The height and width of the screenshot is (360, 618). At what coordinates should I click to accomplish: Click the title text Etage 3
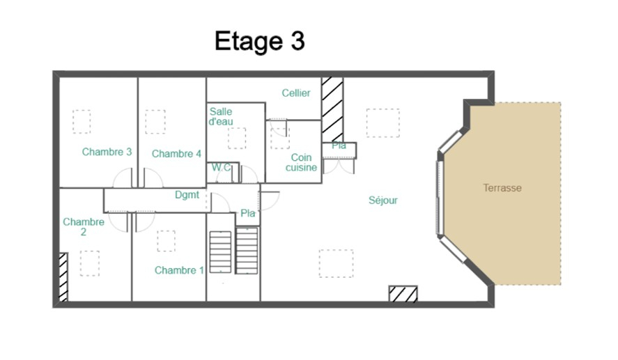pos(259,41)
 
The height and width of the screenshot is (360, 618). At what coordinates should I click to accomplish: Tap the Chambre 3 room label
pos(107,152)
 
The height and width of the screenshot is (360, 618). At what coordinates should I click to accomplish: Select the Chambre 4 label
pos(176,154)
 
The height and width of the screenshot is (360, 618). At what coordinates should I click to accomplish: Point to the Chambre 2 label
pos(84,227)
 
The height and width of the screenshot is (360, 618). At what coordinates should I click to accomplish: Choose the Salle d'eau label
pos(221,116)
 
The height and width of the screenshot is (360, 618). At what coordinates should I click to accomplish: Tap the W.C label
pos(222,167)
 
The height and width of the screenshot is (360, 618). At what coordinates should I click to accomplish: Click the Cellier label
pos(296,93)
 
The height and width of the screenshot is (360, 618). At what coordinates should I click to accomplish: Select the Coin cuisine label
pos(301,162)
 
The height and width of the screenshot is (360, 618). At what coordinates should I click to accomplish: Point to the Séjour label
pos(383,201)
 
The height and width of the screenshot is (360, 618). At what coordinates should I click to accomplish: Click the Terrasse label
pos(502,188)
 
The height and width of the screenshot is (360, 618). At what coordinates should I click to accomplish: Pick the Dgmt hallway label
pos(187,196)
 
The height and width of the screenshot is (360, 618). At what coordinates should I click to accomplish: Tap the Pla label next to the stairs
pos(247,214)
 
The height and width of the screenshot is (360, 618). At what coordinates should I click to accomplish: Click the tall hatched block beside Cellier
pos(332,108)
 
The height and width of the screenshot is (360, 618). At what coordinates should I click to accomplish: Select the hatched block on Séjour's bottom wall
pos(403,294)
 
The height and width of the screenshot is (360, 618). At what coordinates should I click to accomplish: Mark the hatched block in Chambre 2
pos(63,276)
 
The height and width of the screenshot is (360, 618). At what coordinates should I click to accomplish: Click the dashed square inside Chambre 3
pos(82,121)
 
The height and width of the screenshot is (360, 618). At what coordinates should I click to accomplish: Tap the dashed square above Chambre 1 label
pos(166,241)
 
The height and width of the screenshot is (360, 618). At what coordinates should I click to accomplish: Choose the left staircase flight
pos(220,252)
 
